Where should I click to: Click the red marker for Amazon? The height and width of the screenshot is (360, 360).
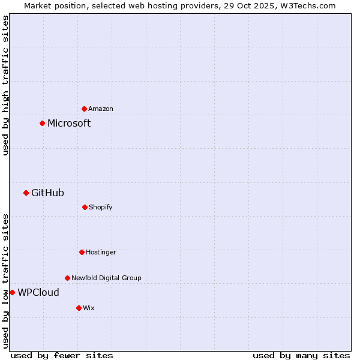[85, 109]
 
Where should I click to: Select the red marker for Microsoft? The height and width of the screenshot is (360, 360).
[43, 124]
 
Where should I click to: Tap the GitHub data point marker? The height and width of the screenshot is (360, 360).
[26, 193]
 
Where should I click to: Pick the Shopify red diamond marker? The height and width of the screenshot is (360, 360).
[85, 207]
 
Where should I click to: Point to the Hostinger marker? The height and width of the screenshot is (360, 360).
[82, 252]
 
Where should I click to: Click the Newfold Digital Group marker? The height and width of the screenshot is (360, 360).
[67, 278]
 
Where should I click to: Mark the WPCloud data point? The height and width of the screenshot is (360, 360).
[13, 292]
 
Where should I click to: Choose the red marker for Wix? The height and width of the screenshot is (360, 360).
[79, 308]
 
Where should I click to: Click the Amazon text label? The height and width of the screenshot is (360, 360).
[101, 109]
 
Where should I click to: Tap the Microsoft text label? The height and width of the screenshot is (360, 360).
[69, 124]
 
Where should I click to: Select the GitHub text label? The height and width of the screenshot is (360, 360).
[47, 193]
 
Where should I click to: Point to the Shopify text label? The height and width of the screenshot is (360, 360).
[101, 207]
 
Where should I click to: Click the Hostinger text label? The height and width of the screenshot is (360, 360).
[101, 252]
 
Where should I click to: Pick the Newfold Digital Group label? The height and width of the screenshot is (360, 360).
[106, 278]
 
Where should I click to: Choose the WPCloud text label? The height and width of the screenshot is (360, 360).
[38, 292]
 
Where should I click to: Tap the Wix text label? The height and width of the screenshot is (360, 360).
[89, 308]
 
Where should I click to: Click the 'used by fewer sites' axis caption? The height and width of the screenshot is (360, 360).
[62, 355]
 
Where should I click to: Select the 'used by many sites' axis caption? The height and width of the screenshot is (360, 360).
[301, 355]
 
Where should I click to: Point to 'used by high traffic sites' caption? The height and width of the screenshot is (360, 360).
[6, 86]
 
